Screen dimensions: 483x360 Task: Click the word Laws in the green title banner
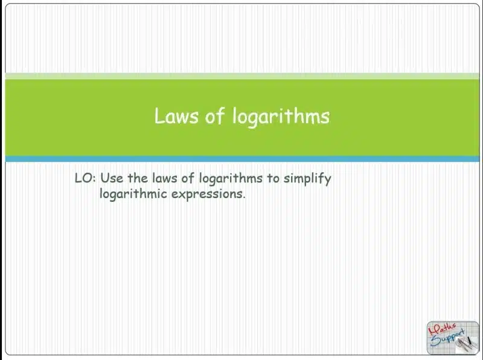[176, 116]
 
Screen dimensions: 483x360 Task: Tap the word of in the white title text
[214, 116]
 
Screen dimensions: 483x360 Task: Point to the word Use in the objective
[112, 178]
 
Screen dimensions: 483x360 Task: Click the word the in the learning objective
[138, 178]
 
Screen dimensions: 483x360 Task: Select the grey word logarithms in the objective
[231, 179]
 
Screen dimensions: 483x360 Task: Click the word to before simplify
[273, 178]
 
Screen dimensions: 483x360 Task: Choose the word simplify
[307, 179]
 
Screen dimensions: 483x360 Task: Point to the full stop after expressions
[244, 198]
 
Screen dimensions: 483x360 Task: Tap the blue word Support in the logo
[447, 338]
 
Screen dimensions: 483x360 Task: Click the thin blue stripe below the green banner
[242, 159]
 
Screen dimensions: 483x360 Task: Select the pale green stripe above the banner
[242, 76]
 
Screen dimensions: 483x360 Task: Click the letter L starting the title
[159, 116]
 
